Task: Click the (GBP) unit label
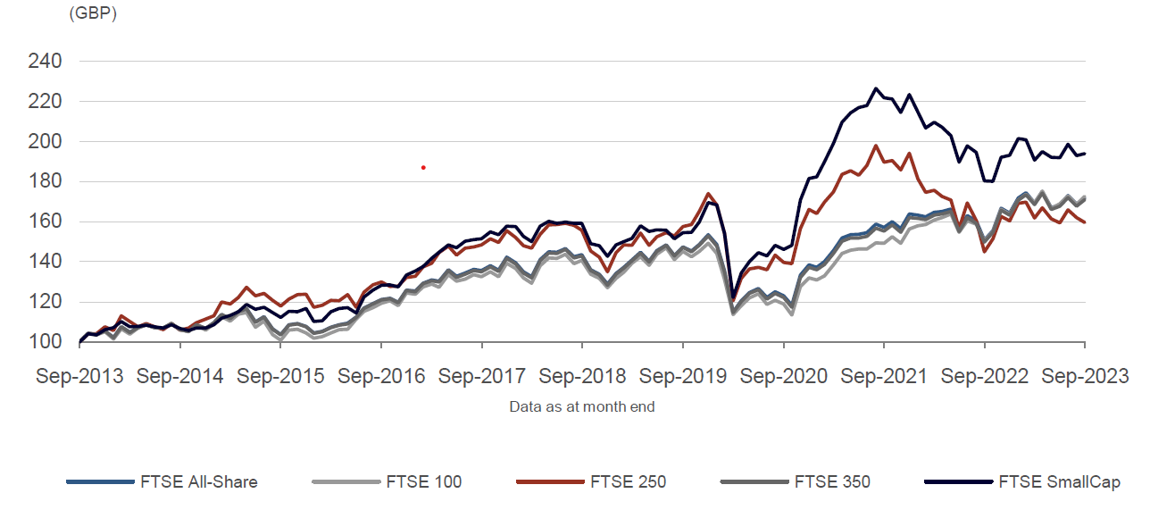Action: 92,14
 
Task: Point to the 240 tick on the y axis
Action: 44,62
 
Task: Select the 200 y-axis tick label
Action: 44,142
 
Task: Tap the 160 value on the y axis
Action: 44,222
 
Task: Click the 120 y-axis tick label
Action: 44,302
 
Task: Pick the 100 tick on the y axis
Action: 44,342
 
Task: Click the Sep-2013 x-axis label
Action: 79,377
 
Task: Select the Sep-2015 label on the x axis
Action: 280,377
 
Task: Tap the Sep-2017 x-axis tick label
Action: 481,377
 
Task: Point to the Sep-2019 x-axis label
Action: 682,377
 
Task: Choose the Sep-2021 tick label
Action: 883,377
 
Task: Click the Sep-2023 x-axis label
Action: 1084,377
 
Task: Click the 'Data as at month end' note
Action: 582,407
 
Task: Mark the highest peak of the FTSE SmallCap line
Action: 876,88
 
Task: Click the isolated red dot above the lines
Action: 423,167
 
